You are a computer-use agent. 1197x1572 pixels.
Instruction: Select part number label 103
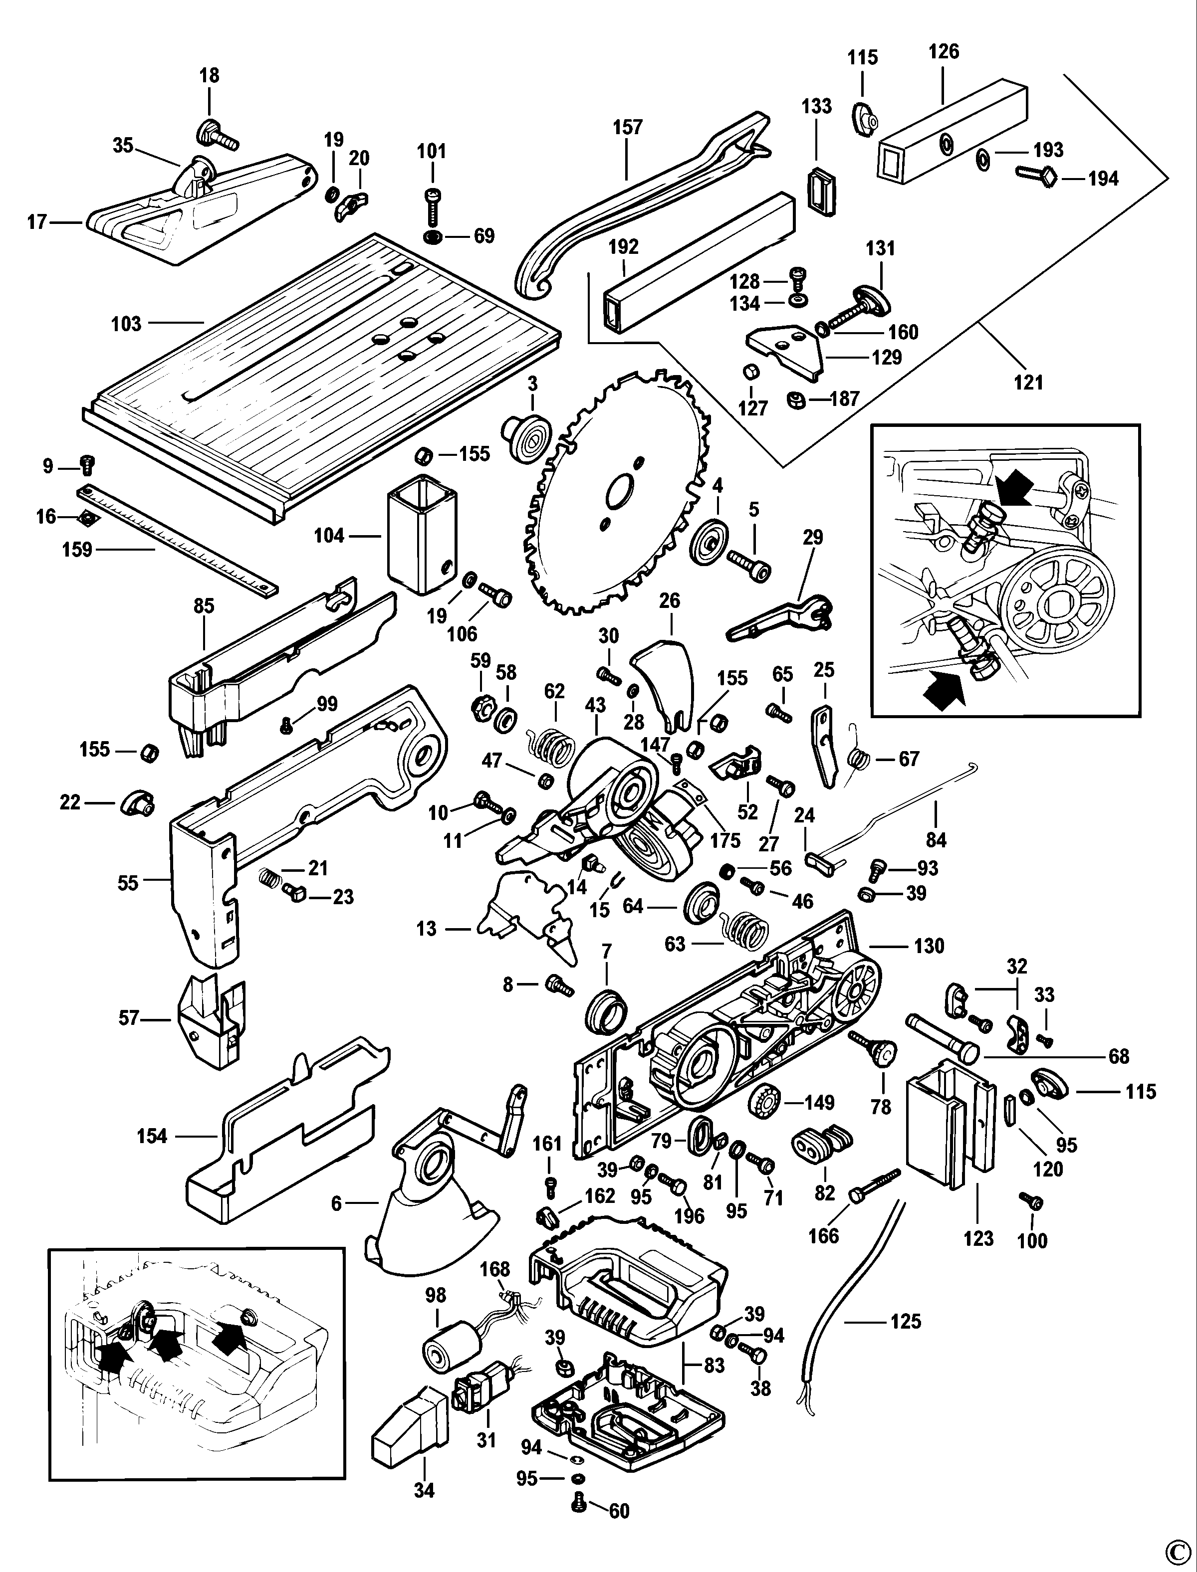(127, 324)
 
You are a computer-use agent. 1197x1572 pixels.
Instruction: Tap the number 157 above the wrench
(628, 128)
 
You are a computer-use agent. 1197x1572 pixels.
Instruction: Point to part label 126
(944, 51)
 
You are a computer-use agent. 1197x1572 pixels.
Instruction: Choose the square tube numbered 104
(421, 534)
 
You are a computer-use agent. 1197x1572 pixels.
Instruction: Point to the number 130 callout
(929, 946)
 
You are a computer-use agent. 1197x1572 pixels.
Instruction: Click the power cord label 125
(906, 1321)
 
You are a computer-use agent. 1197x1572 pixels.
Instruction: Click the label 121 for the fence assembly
(1028, 383)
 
